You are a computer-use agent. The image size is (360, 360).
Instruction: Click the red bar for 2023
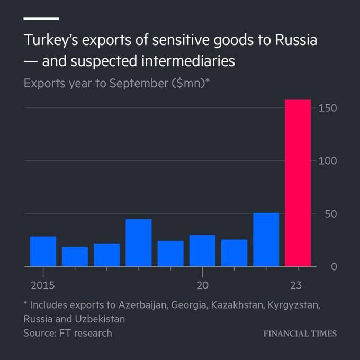tap(298, 183)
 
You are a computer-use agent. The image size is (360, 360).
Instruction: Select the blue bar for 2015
tap(43, 251)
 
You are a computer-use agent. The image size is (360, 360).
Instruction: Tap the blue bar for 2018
tap(139, 242)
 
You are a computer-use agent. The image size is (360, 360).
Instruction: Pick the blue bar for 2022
tap(266, 239)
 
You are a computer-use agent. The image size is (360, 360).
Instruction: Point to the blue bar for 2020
tap(202, 250)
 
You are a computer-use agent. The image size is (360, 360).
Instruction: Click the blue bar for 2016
tap(75, 256)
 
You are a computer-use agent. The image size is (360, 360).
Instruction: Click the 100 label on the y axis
tap(328, 161)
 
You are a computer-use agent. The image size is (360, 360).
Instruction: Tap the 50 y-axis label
tap(330, 214)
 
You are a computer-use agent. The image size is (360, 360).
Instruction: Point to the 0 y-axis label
tap(334, 266)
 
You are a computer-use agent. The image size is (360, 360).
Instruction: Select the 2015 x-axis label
tap(42, 286)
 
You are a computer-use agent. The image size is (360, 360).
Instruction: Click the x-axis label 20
tap(202, 286)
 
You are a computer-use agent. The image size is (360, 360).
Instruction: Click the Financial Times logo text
tap(300, 334)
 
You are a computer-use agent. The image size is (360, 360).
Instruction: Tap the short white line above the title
tap(41, 19)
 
